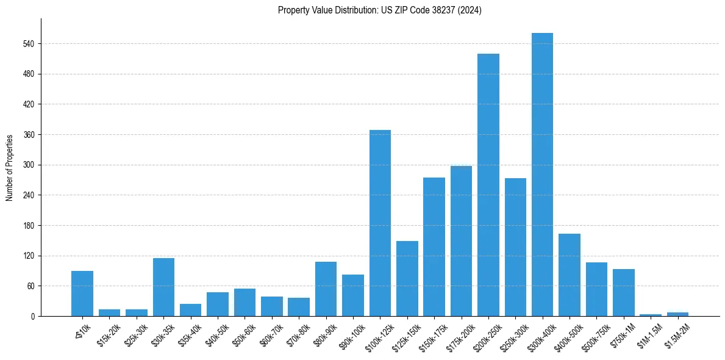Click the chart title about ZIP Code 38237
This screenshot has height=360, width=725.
(379, 10)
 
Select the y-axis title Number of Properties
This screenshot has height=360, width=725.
(10, 167)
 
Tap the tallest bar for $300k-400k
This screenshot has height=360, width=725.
(542, 175)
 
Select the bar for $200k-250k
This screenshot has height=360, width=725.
(488, 185)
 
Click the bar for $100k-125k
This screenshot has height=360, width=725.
(380, 223)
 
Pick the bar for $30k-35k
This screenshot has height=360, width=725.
(163, 287)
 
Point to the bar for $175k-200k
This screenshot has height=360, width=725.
(461, 241)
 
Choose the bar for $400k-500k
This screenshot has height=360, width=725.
(570, 275)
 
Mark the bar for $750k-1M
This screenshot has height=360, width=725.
(623, 292)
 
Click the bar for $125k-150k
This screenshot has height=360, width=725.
(407, 278)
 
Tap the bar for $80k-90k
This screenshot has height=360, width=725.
(326, 289)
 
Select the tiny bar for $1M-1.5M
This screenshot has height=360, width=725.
(651, 315)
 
